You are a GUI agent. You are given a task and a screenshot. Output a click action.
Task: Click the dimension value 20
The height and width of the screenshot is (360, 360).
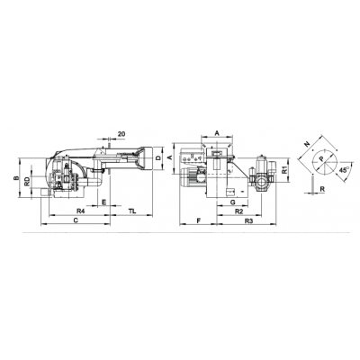(x=121, y=135)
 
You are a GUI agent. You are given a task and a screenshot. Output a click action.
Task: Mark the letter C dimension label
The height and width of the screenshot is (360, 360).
(x=75, y=220)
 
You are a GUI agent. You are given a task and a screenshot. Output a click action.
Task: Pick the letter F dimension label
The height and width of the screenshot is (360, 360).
(x=195, y=220)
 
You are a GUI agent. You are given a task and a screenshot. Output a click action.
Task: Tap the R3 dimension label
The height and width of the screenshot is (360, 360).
(x=247, y=220)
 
